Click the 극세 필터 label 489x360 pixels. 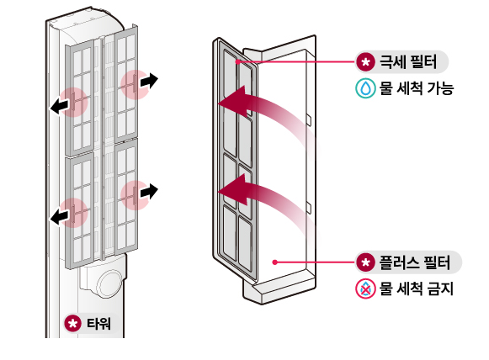(410, 63)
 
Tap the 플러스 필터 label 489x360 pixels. (416, 262)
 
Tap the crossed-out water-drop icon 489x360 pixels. (365, 289)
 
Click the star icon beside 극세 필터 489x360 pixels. (365, 63)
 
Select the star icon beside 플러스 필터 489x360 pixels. (365, 262)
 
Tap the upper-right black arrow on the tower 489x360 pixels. (148, 81)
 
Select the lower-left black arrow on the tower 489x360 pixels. (59, 218)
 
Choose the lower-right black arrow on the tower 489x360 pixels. (148, 192)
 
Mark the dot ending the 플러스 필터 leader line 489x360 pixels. (276, 262)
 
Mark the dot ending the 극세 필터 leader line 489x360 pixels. (239, 61)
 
